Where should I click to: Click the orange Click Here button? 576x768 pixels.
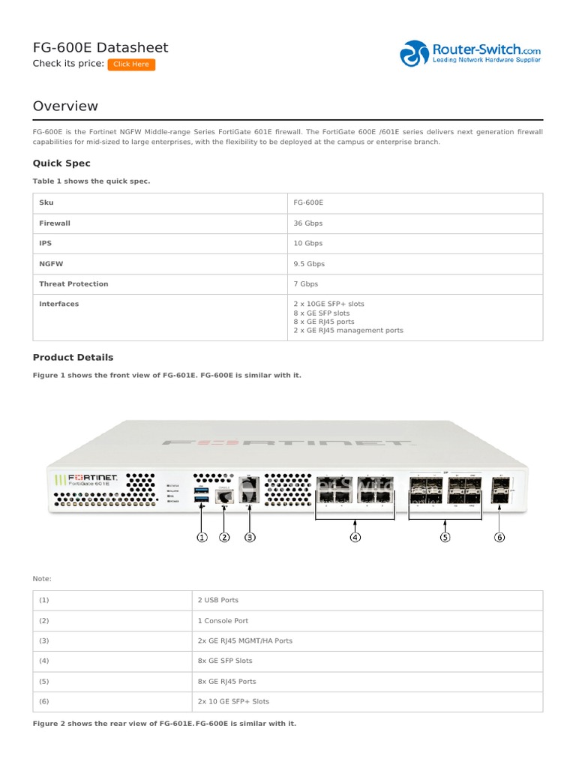pyautogui.click(x=131, y=64)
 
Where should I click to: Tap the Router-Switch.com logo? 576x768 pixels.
pyautogui.click(x=470, y=53)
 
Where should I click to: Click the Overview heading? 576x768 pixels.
pyautogui.click(x=65, y=106)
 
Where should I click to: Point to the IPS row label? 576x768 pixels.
pyautogui.click(x=46, y=244)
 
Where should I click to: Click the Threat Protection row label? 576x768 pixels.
pyautogui.click(x=73, y=284)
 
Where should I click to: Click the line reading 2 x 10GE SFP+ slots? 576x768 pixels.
pyautogui.click(x=329, y=304)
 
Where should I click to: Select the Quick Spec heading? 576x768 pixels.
pyautogui.click(x=61, y=163)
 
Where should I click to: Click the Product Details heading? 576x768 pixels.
pyautogui.click(x=73, y=358)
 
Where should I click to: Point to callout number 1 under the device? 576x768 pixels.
pyautogui.click(x=202, y=537)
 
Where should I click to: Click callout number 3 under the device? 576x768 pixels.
pyautogui.click(x=250, y=537)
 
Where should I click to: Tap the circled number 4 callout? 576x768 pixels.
pyautogui.click(x=355, y=537)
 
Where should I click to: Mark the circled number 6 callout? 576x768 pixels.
pyautogui.click(x=499, y=537)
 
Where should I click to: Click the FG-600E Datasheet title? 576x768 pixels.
pyautogui.click(x=100, y=48)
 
